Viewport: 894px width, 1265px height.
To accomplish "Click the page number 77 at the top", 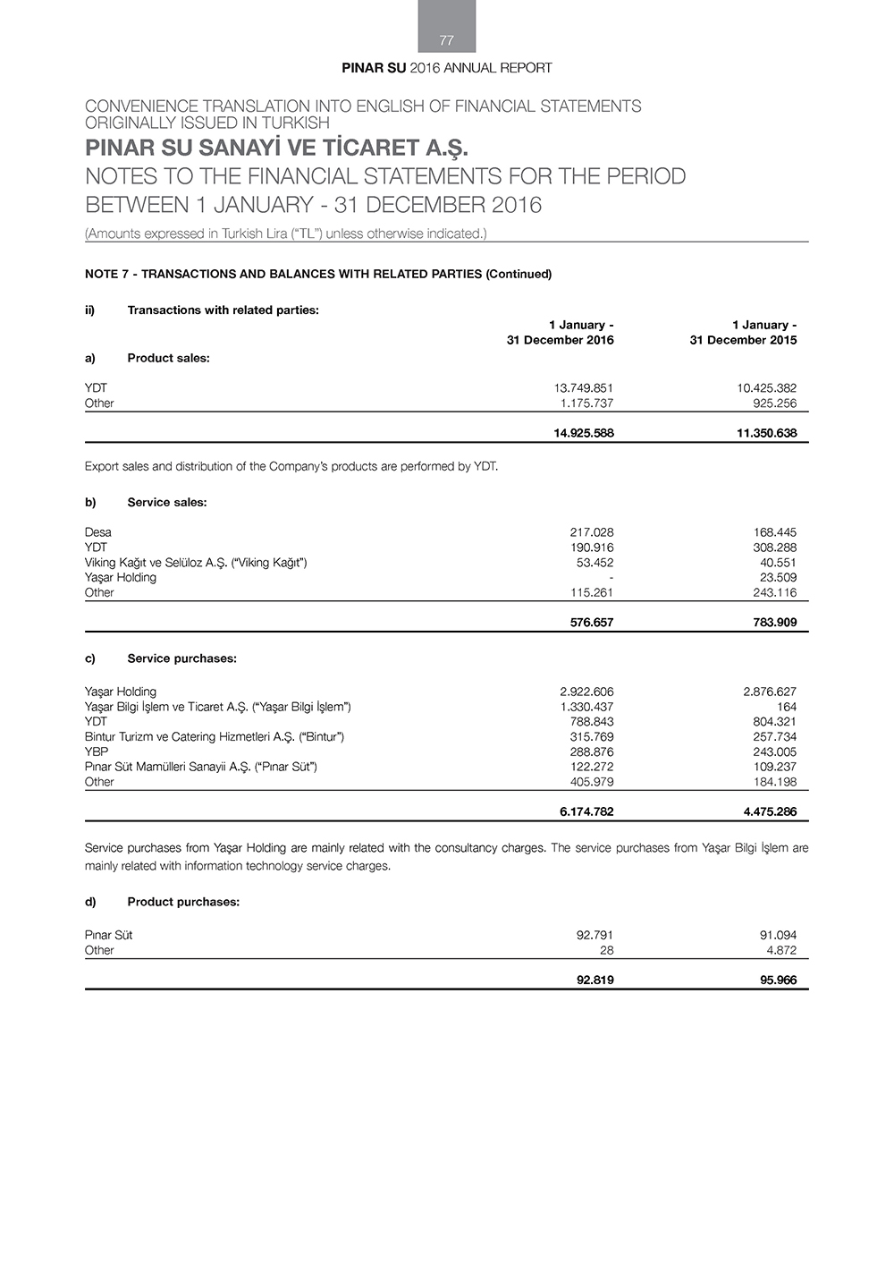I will pyautogui.click(x=447, y=40).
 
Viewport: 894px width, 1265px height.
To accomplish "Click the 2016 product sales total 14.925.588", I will pyautogui.click(x=584, y=433).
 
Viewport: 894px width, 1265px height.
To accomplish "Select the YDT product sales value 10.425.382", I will pyautogui.click(x=761, y=388).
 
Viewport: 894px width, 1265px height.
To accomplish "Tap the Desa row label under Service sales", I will pyautogui.click(x=98, y=532).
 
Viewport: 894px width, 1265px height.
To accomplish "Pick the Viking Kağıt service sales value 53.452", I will pyautogui.click(x=595, y=563).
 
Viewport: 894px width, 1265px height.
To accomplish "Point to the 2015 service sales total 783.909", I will pyautogui.click(x=774, y=623).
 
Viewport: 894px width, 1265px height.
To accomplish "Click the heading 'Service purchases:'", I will pyautogui.click(x=181, y=658).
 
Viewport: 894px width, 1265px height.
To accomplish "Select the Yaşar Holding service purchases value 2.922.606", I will pyautogui.click(x=586, y=692).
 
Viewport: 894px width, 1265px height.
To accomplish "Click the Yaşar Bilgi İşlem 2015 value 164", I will pyautogui.click(x=787, y=707).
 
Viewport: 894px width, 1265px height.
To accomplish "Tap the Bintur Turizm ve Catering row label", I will pyautogui.click(x=215, y=736).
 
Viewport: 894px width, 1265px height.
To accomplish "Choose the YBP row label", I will pyautogui.click(x=97, y=751).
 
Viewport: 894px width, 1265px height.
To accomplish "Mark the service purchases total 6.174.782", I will pyautogui.click(x=586, y=812).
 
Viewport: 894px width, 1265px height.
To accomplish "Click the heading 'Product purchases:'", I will pyautogui.click(x=183, y=902).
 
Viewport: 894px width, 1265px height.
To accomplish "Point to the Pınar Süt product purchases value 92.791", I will pyautogui.click(x=595, y=935).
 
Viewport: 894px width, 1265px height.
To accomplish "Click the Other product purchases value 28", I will pyautogui.click(x=606, y=950).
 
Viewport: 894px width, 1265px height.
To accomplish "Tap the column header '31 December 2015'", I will pyautogui.click(x=743, y=340).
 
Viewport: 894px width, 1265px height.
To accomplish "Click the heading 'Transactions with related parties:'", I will pyautogui.click(x=223, y=310).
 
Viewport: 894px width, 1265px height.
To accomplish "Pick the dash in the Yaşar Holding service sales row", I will pyautogui.click(x=611, y=578).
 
